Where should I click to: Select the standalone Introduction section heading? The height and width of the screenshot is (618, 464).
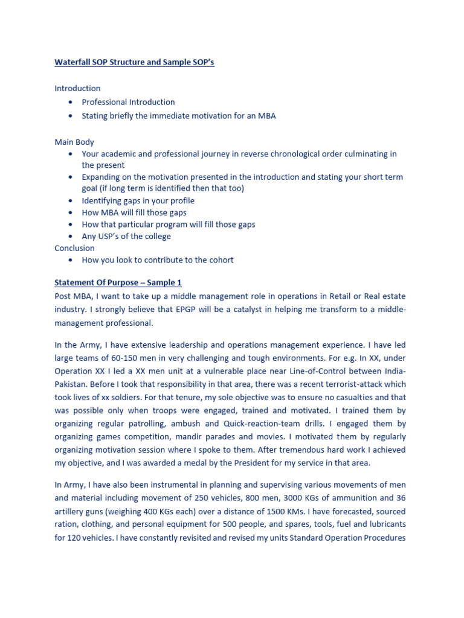pyautogui.click(x=77, y=88)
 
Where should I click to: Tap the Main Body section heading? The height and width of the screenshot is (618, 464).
pyautogui.click(x=74, y=142)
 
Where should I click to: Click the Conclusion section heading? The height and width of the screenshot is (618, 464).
pyautogui.click(x=74, y=248)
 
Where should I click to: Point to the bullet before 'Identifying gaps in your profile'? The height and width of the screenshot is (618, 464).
pyautogui.click(x=71, y=200)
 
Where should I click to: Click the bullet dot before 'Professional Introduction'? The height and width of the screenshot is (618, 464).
pyautogui.click(x=71, y=102)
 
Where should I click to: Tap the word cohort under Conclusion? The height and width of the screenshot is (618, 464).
pyautogui.click(x=220, y=260)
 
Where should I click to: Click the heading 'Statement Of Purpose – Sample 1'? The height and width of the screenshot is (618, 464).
pyautogui.click(x=118, y=282)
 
